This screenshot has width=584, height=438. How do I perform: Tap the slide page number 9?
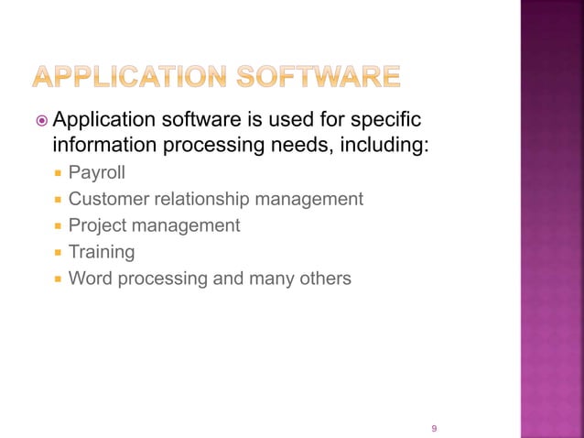pyautogui.click(x=434, y=428)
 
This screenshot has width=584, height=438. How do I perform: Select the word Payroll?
pyautogui.click(x=96, y=172)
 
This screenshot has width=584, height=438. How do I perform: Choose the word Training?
pyautogui.click(x=102, y=251)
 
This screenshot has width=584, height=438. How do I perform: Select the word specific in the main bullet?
pyautogui.click(x=391, y=120)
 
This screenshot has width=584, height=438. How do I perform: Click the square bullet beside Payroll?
pyautogui.click(x=58, y=173)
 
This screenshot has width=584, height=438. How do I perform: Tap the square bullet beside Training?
pyautogui.click(x=58, y=252)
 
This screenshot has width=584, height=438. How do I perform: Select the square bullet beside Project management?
pyautogui.click(x=58, y=226)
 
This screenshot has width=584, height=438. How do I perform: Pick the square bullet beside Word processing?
pyautogui.click(x=58, y=279)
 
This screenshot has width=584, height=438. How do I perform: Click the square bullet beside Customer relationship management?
pyautogui.click(x=58, y=200)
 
